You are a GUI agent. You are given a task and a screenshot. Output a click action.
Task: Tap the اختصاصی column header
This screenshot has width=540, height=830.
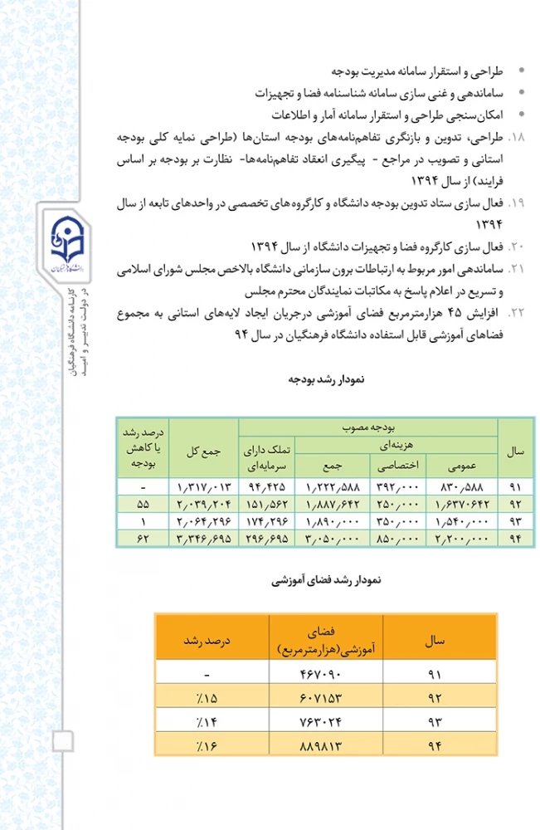pos(402,464)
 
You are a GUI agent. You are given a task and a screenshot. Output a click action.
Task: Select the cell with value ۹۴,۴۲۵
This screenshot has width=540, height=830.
pos(266,486)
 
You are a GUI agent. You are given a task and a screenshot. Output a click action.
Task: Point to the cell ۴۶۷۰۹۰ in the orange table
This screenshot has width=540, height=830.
pos(319,672)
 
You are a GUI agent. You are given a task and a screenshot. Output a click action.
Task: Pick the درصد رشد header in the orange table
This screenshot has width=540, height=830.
pos(205,641)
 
